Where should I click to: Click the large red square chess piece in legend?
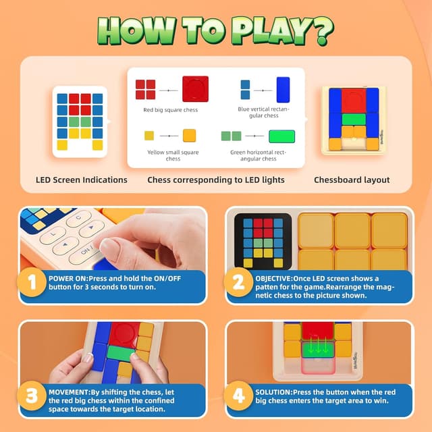(195, 89)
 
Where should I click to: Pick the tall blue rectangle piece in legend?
(283, 90)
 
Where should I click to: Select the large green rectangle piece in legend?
(283, 136)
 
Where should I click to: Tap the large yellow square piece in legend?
(189, 135)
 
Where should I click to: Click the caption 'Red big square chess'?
(171, 110)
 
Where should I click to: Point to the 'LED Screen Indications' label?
(81, 180)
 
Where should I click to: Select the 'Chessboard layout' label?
(352, 180)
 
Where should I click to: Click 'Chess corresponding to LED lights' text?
(216, 180)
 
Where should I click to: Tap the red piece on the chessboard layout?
(353, 101)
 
